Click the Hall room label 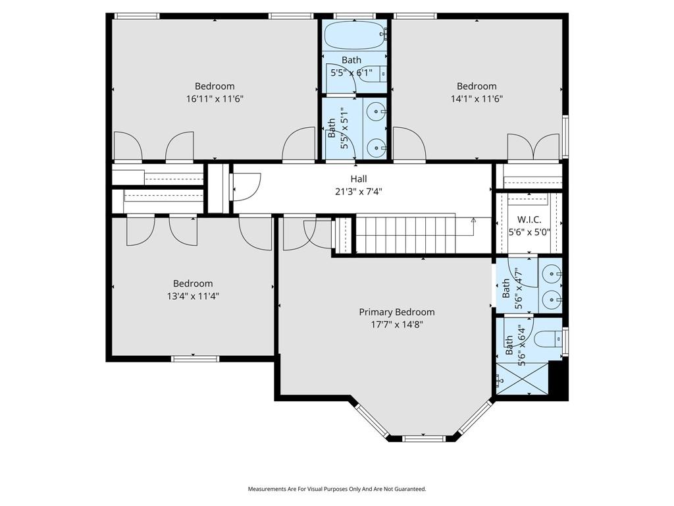pyautogui.click(x=359, y=179)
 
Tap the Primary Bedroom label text pyautogui.click(x=397, y=312)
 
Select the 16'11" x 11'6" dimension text pyautogui.click(x=215, y=99)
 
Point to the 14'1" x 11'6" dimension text pyautogui.click(x=477, y=99)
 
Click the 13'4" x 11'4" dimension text pyautogui.click(x=193, y=296)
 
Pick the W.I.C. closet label pyautogui.click(x=529, y=219)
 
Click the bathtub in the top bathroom pyautogui.click(x=355, y=36)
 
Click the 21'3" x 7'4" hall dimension pyautogui.click(x=359, y=192)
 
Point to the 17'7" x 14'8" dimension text pyautogui.click(x=397, y=325)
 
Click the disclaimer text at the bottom pyautogui.click(x=337, y=489)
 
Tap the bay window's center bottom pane pyautogui.click(x=423, y=438)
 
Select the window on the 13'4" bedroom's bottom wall pyautogui.click(x=193, y=358)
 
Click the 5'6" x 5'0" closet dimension pyautogui.click(x=529, y=233)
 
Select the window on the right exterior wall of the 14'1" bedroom pyautogui.click(x=565, y=137)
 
